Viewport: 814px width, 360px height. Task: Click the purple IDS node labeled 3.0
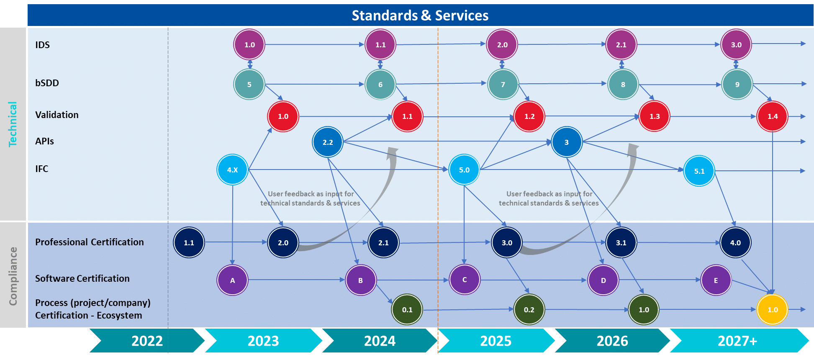736,44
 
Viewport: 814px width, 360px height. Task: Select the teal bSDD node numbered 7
503,84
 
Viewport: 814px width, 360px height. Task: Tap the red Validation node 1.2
529,116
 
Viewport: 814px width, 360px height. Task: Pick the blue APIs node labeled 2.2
328,142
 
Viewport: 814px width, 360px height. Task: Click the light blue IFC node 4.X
232,170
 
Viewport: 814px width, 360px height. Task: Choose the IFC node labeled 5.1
699,171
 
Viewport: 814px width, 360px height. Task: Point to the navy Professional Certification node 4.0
735,242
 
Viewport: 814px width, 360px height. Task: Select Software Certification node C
465,280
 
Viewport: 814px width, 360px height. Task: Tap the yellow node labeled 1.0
773,310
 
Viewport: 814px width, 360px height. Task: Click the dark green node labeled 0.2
529,310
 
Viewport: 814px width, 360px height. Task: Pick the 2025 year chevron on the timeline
496,341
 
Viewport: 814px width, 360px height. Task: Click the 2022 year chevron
147,341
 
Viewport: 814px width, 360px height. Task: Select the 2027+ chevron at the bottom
737,341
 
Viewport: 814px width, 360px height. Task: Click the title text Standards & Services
420,15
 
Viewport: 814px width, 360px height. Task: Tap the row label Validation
57,115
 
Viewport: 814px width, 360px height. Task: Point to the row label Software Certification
82,278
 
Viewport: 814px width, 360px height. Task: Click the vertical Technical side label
13,124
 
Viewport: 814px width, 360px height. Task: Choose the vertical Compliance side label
13,276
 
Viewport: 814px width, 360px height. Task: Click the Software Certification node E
716,280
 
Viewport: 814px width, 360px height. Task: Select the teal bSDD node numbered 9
737,84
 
